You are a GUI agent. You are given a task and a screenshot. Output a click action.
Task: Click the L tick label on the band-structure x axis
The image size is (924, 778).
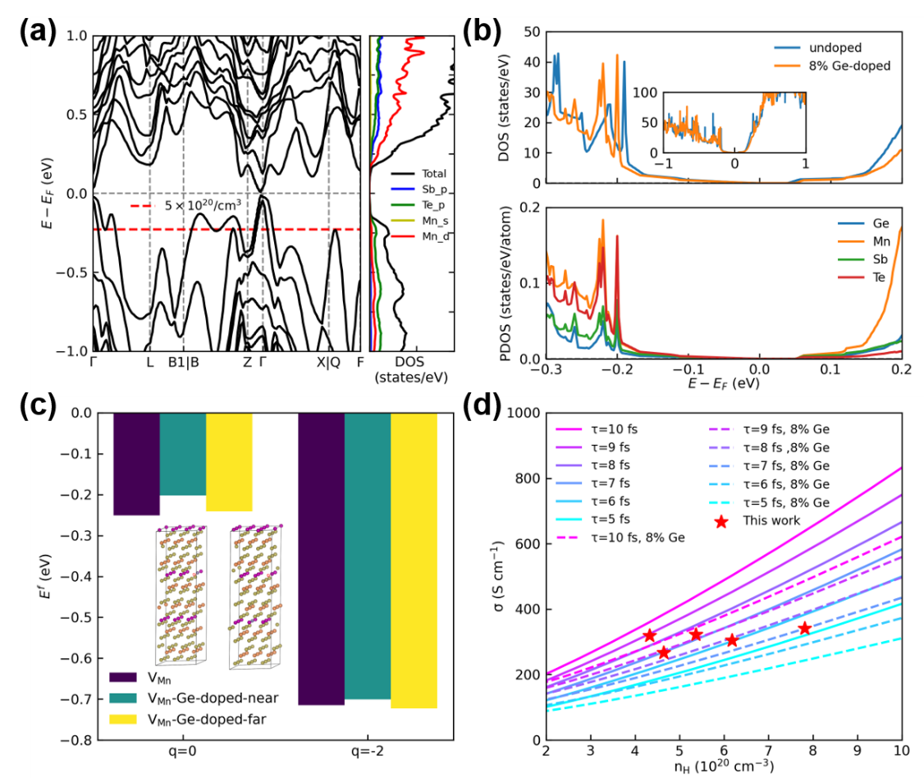point(149,362)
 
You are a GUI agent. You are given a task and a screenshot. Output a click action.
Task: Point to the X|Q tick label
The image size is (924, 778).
point(328,362)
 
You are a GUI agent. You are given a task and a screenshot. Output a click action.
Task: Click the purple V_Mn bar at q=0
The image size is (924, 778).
point(136,464)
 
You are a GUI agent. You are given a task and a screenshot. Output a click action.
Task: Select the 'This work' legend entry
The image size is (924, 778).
point(772,519)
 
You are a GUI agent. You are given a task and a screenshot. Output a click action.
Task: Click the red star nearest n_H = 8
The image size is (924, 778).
point(805,628)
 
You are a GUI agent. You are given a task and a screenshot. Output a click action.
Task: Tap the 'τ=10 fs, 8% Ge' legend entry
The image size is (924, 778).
point(629,537)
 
